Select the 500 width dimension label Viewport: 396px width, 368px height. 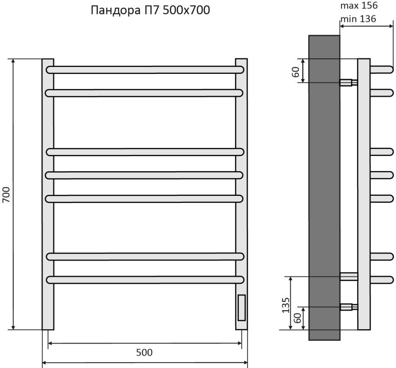click(x=144, y=353)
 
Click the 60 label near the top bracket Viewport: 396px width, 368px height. click(x=295, y=71)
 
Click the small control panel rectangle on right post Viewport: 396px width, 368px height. click(x=241, y=307)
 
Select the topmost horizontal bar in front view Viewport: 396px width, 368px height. click(x=145, y=70)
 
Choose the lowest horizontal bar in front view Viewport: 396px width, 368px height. click(x=145, y=279)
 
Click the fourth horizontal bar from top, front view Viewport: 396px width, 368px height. click(x=145, y=174)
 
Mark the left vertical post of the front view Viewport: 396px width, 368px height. click(x=48, y=194)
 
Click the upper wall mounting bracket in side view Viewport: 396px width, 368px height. click(x=348, y=82)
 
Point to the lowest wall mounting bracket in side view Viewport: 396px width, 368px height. click(x=348, y=307)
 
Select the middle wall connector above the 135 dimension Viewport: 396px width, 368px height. click(x=349, y=276)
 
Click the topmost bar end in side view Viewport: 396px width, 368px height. click(x=382, y=69)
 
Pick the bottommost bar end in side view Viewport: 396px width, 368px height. click(x=382, y=279)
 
